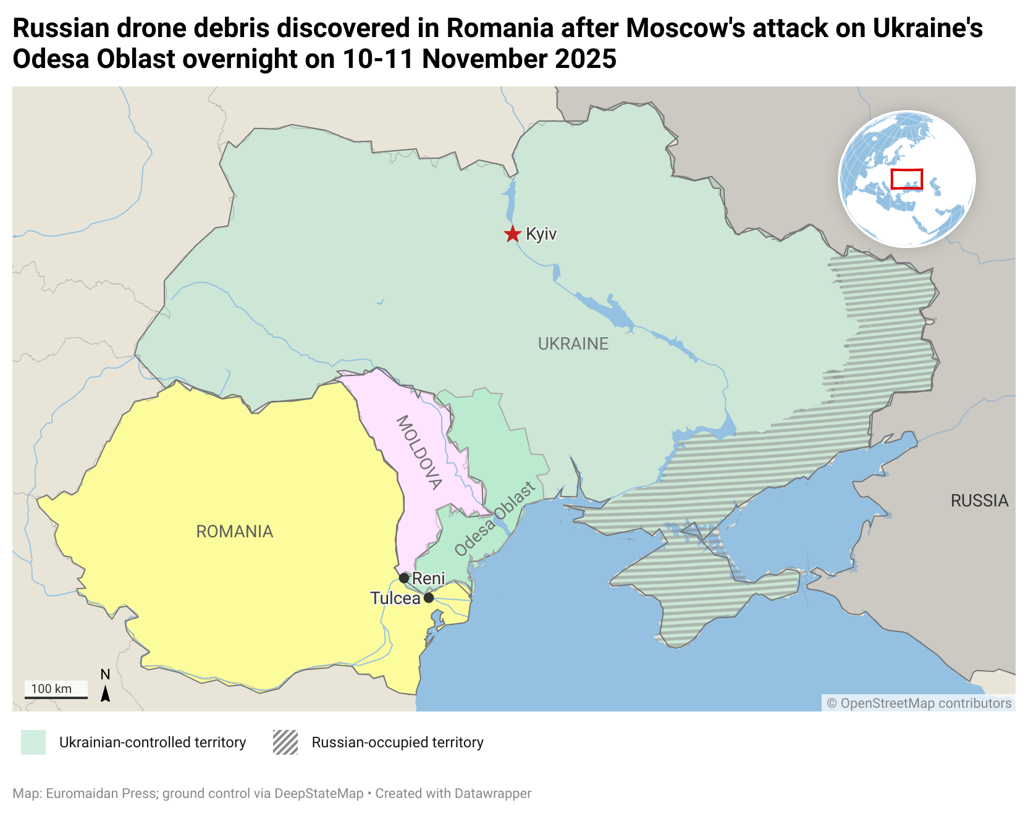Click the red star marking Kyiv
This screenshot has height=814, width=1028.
512,234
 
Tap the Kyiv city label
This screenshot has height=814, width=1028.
541,234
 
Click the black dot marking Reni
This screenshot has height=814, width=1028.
404,578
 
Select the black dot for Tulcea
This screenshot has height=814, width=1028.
429,598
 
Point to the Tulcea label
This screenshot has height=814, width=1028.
395,598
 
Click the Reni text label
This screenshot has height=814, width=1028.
428,579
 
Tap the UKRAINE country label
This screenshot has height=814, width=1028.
573,344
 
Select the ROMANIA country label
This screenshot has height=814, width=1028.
234,532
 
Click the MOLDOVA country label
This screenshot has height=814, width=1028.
419,453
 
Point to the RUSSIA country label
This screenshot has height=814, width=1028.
979,501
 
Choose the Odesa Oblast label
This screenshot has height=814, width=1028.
495,519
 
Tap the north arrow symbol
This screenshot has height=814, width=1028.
106,692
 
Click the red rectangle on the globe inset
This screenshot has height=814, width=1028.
906,179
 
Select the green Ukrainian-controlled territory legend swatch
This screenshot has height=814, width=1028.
33,742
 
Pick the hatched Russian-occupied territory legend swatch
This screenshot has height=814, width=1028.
285,742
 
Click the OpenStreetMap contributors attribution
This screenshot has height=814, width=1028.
919,703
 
